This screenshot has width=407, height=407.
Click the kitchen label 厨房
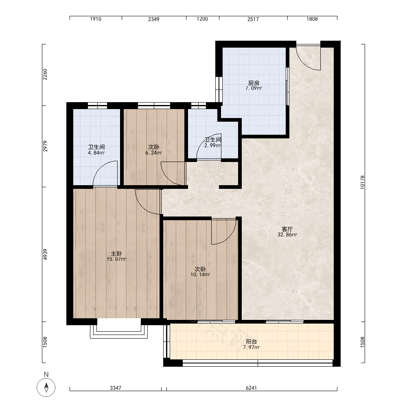[254, 83]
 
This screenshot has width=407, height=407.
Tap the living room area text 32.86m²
[287, 235]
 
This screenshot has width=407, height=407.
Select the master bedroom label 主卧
[116, 254]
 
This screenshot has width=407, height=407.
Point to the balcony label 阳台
[251, 341]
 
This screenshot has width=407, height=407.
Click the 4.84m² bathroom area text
[96, 153]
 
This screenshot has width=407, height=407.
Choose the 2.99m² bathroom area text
[212, 145]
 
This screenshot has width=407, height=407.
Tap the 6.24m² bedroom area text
[154, 153]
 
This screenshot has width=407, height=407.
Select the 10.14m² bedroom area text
[200, 275]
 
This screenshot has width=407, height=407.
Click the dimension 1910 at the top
[96, 19]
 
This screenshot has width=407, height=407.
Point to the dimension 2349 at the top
[154, 19]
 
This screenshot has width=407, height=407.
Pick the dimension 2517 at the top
[253, 19]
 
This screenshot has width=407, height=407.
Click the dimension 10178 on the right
[362, 182]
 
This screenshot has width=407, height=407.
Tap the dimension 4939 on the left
[45, 254]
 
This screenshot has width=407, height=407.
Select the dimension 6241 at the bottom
[251, 388]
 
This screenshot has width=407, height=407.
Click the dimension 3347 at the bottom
[116, 388]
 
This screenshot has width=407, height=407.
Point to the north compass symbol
[46, 387]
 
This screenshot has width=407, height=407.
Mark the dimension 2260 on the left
[45, 74]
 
